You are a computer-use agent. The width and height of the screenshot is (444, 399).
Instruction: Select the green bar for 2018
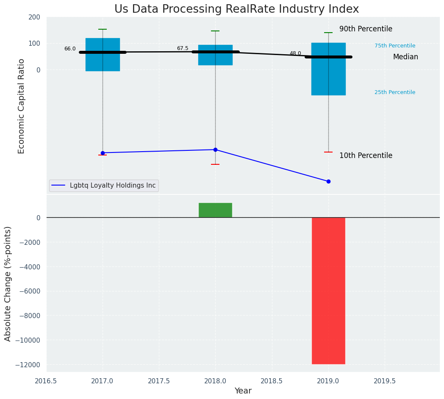tap(215, 210)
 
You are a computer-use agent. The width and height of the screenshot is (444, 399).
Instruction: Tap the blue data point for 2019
tap(328, 181)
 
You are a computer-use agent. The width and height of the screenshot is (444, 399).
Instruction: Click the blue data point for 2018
tap(215, 150)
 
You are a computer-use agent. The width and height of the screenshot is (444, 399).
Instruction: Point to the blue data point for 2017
tap(103, 153)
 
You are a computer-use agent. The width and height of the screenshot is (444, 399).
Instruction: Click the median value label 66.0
tap(70, 49)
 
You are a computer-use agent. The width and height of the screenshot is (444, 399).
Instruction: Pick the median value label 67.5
tap(183, 48)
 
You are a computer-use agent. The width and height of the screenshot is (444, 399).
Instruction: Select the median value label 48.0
tap(295, 53)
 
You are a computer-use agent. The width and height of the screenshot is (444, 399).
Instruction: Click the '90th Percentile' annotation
tap(366, 29)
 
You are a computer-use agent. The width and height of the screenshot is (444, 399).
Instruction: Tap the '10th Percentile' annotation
tap(366, 155)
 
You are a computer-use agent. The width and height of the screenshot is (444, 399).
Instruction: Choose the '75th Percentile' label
tap(395, 46)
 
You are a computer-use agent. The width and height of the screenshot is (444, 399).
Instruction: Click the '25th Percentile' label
tap(395, 92)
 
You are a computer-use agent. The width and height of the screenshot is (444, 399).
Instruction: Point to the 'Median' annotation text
tap(405, 57)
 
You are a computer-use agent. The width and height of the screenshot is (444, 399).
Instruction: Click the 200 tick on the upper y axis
tap(34, 17)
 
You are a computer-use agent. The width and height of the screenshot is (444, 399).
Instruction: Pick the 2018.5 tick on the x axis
tap(272, 381)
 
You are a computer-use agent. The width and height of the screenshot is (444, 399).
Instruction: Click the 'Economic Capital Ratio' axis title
tap(22, 106)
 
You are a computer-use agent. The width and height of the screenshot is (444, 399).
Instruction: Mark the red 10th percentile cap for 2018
tap(215, 164)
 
